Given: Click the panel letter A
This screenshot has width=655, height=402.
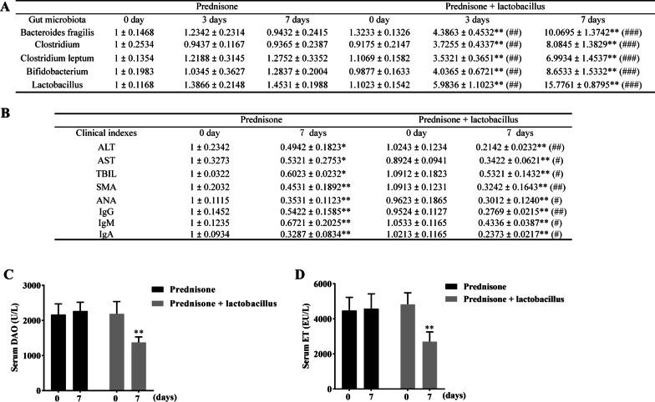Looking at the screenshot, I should click(6, 6).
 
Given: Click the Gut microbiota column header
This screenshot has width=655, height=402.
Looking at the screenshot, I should click(38, 18).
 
